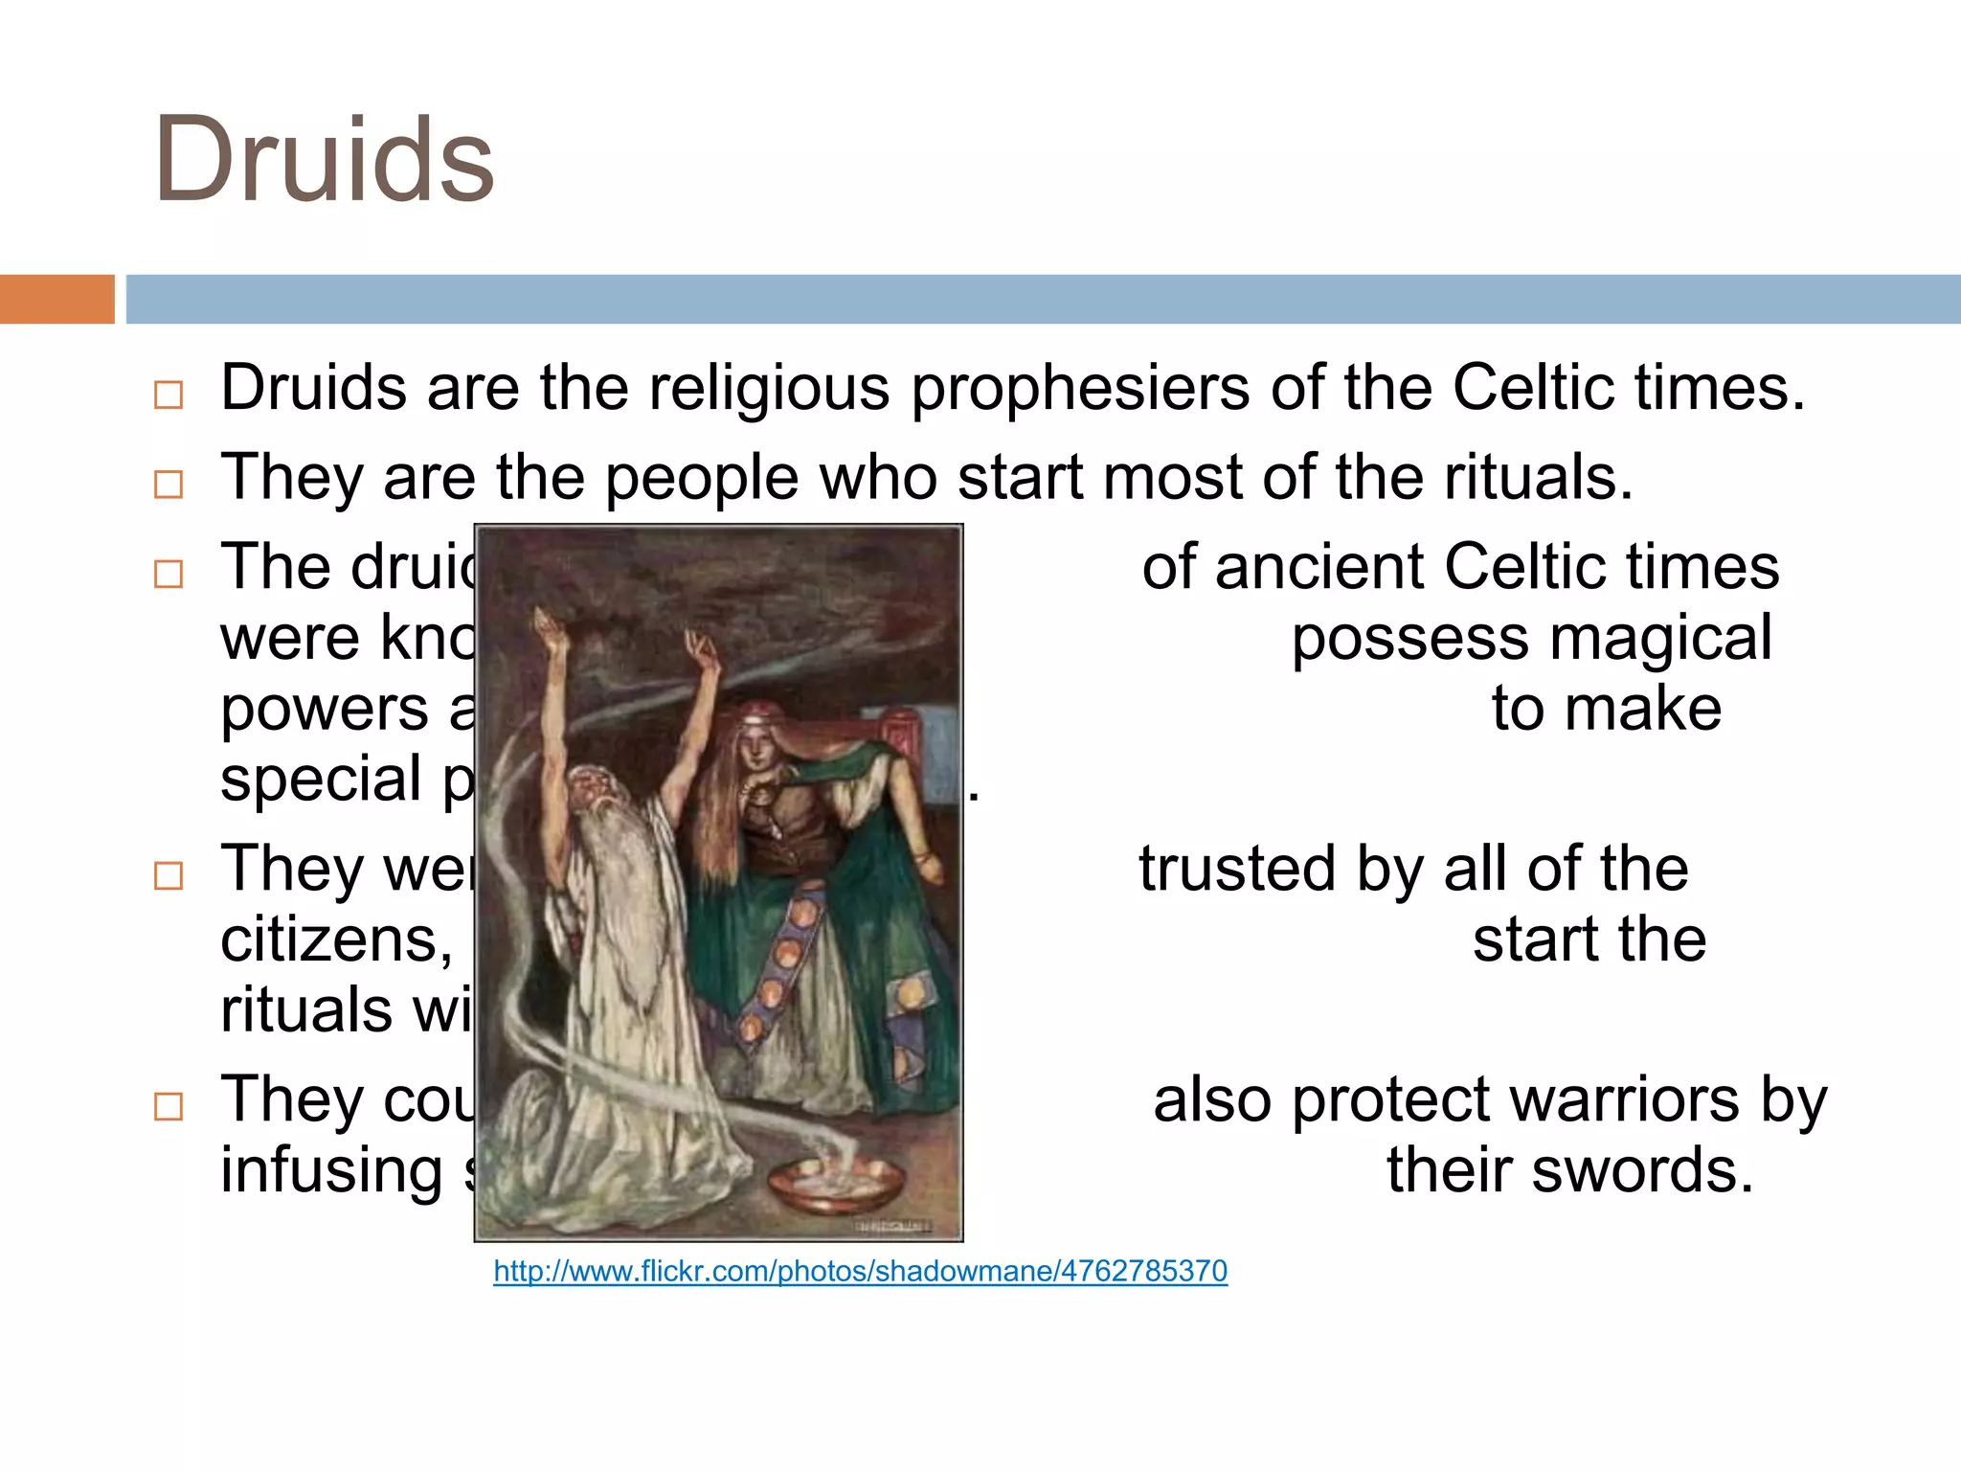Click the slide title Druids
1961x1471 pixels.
324,161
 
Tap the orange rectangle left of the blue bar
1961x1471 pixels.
56,299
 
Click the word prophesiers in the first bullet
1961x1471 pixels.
1079,390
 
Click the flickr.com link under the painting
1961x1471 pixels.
860,1271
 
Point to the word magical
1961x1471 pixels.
1660,639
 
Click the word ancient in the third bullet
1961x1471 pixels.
1318,567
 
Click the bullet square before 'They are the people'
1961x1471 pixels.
169,485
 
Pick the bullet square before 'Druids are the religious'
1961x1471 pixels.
169,395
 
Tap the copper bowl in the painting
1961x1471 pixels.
835,1186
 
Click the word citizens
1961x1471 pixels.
336,940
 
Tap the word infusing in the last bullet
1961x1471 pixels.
331,1170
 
